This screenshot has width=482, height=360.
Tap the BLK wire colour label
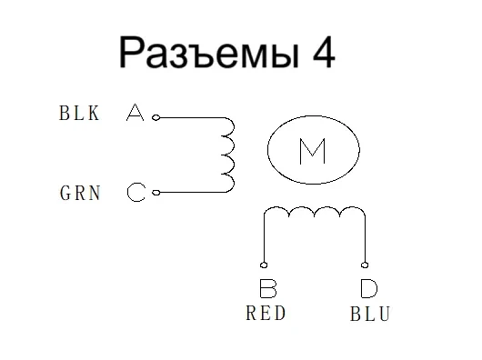coord(80,115)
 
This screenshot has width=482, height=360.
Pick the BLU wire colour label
coord(370,315)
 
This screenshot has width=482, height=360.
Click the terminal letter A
coord(135,115)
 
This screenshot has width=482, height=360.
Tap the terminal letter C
coord(136,193)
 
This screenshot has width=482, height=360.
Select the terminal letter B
coord(267,290)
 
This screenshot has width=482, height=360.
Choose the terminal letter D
coord(368,290)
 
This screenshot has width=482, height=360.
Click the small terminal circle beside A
coord(156,117)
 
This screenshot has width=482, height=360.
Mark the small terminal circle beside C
coord(156,192)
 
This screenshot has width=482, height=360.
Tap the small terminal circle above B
coord(264,266)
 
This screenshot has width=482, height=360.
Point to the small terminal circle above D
coord(365,266)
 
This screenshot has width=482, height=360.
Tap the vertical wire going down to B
coord(264,241)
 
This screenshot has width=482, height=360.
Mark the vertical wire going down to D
coord(365,241)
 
